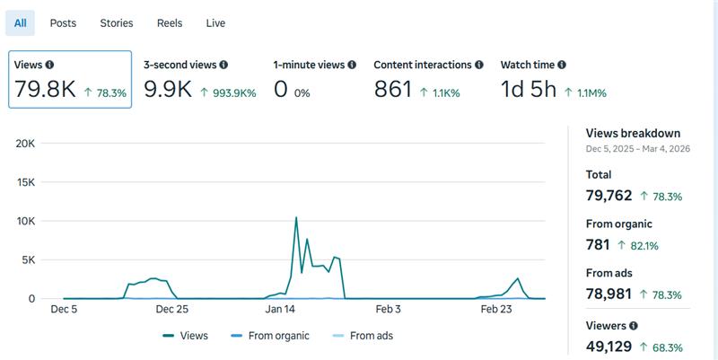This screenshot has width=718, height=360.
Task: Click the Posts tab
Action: click(x=63, y=23)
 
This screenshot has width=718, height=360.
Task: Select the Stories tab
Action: click(x=117, y=23)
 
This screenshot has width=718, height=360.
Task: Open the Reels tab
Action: click(x=170, y=23)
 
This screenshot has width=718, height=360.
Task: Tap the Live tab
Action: click(x=215, y=23)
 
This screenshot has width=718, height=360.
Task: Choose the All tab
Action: click(x=20, y=23)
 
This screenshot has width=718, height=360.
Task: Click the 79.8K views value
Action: click(x=45, y=90)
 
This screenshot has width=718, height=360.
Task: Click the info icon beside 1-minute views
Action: click(x=353, y=65)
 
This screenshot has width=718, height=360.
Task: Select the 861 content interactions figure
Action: click(x=392, y=90)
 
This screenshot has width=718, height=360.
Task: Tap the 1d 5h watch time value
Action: click(x=529, y=90)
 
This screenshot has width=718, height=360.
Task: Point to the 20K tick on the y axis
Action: click(x=25, y=144)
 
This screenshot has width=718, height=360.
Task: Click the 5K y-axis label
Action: click(x=28, y=260)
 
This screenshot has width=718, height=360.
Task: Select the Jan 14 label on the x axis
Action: click(x=280, y=310)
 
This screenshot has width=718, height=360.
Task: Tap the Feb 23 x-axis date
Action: click(x=496, y=310)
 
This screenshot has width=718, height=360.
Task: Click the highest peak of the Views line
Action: click(x=296, y=217)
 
